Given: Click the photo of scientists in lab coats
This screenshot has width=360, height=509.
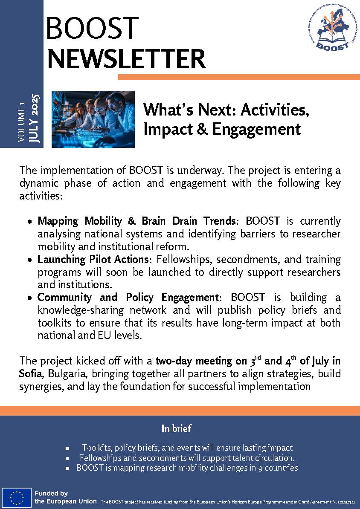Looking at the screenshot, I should [93, 119].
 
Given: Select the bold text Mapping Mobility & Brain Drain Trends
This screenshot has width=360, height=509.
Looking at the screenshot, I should [136, 221].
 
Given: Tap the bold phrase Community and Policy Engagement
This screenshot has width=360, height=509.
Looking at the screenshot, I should [128, 297].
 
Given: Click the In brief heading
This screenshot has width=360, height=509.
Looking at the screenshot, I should [176, 428].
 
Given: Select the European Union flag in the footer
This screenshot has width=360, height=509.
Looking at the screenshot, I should [17, 497].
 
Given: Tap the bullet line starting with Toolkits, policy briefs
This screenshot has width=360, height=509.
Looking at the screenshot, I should [187, 448].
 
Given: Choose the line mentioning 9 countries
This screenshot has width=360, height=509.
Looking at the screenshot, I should [187, 468].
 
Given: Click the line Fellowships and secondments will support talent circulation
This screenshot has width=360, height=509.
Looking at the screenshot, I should [187, 458].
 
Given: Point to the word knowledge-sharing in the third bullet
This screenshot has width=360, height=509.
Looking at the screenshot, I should [80, 310].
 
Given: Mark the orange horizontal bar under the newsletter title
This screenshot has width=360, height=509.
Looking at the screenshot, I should [239, 77].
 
